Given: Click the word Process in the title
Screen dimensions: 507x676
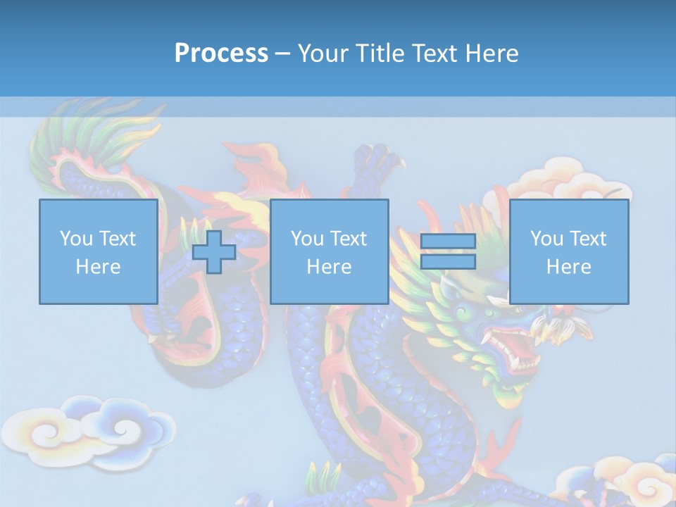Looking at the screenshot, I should point(221,54).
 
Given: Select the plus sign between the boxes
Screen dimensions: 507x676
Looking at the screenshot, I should point(214,251).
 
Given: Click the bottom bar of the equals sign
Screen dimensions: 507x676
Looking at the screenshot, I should point(448,262).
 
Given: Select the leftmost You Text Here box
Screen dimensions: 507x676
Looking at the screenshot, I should point(98,251).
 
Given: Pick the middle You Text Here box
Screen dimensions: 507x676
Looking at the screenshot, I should point(329,251).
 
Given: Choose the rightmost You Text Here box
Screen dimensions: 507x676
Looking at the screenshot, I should point(568,251).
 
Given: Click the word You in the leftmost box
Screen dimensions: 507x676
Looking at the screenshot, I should point(75,238).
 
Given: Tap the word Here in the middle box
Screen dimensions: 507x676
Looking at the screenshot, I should point(329,267).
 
